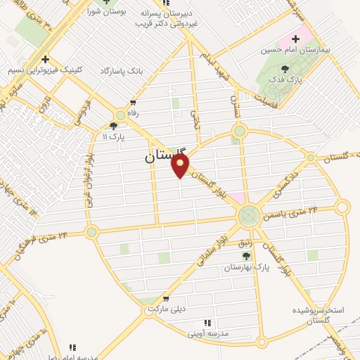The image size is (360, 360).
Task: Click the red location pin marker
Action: tap(181, 166)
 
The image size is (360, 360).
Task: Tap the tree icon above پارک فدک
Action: tap(285, 70)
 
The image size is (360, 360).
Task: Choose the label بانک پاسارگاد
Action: tap(122, 72)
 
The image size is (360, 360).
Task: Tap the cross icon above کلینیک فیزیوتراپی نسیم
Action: tap(45, 60)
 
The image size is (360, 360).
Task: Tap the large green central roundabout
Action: tap(248, 214)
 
